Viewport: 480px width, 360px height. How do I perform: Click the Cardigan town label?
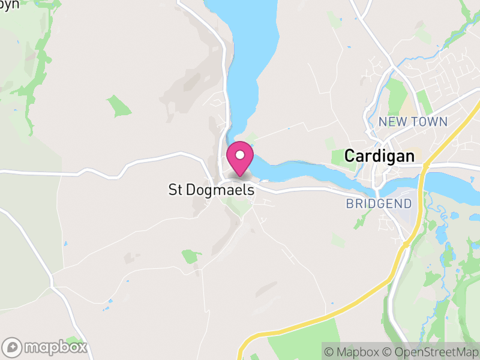pos(379,156)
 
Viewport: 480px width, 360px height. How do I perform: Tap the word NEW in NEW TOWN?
pos(393,122)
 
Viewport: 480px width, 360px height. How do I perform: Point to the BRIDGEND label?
pos(379,203)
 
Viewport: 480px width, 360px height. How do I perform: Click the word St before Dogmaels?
pos(175,190)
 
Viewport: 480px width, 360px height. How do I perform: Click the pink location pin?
pos(240,159)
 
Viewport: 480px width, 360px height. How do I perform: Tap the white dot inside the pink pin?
pos(240,155)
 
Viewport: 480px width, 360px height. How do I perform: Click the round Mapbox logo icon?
pos(13,347)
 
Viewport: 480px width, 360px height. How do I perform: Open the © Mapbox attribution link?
pos(353,352)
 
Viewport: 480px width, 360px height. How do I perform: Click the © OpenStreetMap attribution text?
pos(431,352)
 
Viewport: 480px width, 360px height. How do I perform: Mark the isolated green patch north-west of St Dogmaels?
pos(119,106)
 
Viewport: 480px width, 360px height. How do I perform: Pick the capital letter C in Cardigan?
pos(349,156)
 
